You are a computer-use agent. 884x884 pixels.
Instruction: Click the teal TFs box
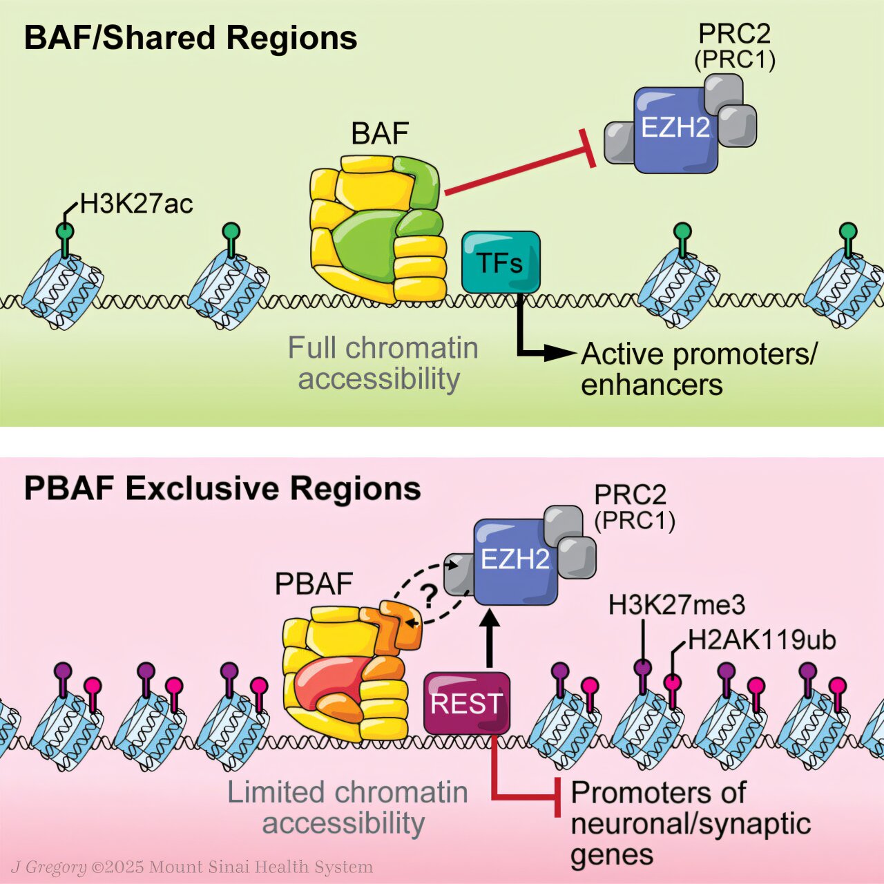[x=501, y=262]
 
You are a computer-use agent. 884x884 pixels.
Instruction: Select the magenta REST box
[x=467, y=703]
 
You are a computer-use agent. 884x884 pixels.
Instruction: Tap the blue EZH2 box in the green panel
[x=675, y=129]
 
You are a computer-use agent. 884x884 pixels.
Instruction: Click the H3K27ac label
[x=137, y=204]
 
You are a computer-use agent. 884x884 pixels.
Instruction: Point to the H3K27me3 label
[x=676, y=606]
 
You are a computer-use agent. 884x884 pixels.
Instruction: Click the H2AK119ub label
[x=762, y=640]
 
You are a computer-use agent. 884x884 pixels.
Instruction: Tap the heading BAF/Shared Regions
[x=191, y=39]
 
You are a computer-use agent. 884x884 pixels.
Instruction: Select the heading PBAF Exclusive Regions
[x=222, y=489]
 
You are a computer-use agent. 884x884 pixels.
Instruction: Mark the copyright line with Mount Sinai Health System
[x=192, y=867]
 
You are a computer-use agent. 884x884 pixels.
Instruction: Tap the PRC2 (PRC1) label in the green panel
[x=734, y=47]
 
